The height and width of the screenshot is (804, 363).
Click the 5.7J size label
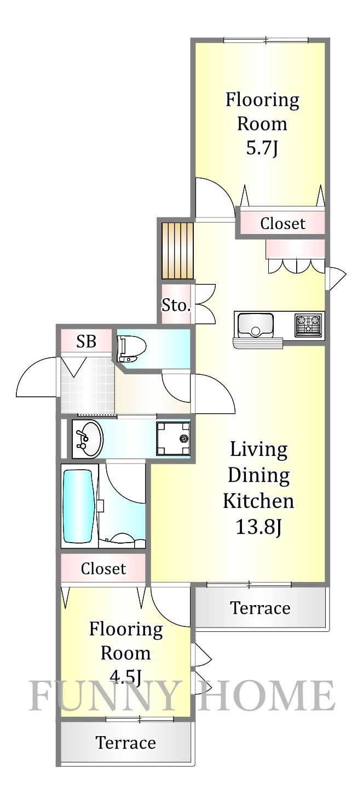pyautogui.click(x=262, y=148)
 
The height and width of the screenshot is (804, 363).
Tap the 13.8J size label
pyautogui.click(x=258, y=527)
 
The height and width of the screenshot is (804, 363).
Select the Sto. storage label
pyautogui.click(x=176, y=305)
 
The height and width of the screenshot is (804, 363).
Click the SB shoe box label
pyautogui.click(x=86, y=342)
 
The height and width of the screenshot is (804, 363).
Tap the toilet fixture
pyautogui.click(x=132, y=349)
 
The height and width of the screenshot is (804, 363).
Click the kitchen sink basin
pyautogui.click(x=255, y=324)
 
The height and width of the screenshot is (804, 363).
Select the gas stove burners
pyautogui.click(x=309, y=325)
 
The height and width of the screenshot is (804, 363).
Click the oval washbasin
pyautogui.click(x=88, y=439)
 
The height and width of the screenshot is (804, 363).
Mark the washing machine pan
pyautogui.click(x=173, y=438)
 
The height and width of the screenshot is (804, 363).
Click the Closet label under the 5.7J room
pyautogui.click(x=283, y=223)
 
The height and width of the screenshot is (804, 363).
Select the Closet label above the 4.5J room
pyautogui.click(x=103, y=568)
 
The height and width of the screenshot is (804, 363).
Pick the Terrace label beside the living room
pyautogui.click(x=260, y=608)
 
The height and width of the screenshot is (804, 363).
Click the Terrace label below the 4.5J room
pyautogui.click(x=125, y=743)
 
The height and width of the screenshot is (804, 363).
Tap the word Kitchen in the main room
pyautogui.click(x=258, y=501)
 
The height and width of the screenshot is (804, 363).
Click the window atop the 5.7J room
pyautogui.click(x=266, y=40)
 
